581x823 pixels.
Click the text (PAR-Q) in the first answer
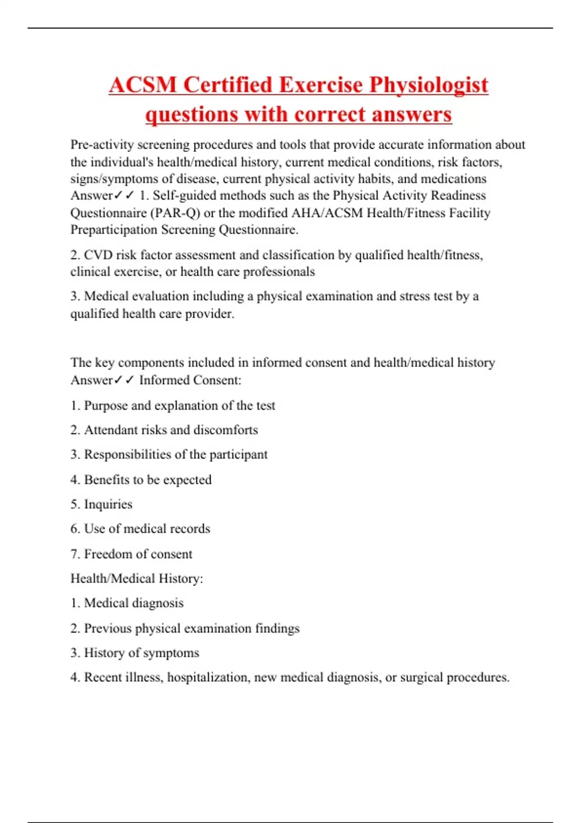click(175, 213)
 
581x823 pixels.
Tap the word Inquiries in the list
click(108, 504)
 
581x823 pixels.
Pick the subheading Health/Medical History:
click(137, 579)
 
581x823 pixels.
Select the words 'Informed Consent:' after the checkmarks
click(190, 380)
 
